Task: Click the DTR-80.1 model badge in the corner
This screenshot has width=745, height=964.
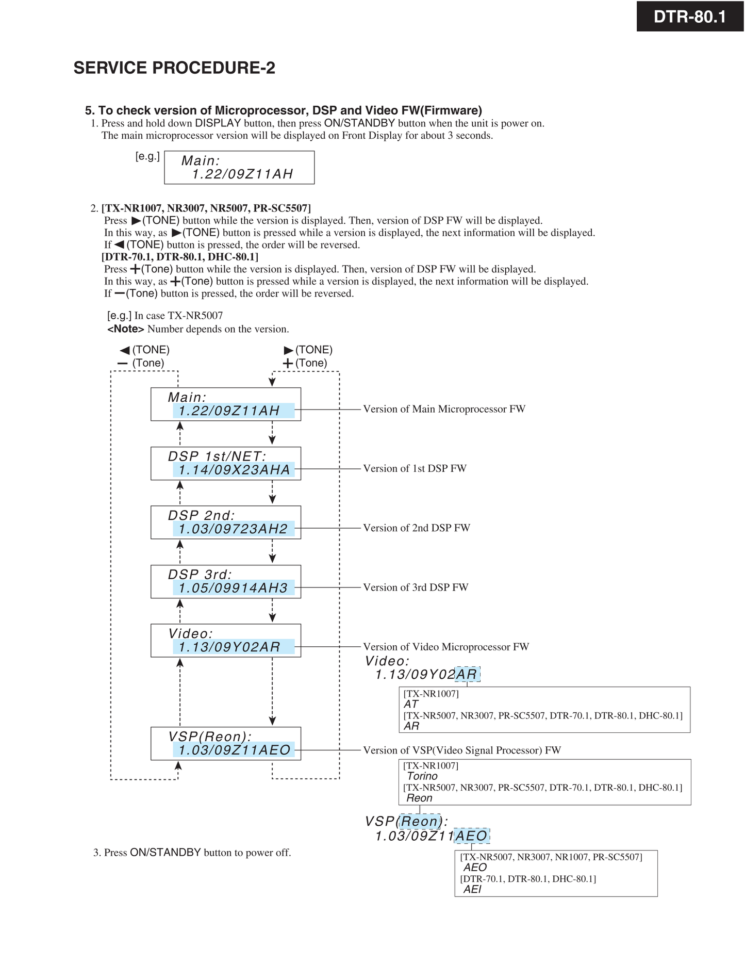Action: (x=689, y=17)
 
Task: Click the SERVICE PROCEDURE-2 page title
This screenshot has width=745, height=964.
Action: (x=174, y=68)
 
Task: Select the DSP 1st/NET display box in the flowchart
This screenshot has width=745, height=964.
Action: (x=226, y=463)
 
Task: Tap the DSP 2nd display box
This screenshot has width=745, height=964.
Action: (x=226, y=522)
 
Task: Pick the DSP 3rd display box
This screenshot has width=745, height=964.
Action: (x=226, y=582)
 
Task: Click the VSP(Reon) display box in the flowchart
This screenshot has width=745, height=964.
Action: (x=226, y=743)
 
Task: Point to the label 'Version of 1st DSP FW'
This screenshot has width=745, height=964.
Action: (x=415, y=468)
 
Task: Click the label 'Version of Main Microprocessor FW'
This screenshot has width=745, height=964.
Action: (x=444, y=409)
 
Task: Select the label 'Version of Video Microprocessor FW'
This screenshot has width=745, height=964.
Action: (x=446, y=647)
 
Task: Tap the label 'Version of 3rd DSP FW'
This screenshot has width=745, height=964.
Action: (x=416, y=587)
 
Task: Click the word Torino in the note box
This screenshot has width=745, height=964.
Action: (x=422, y=776)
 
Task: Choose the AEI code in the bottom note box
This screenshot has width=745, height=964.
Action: (x=472, y=889)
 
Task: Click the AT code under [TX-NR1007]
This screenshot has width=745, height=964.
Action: (x=411, y=704)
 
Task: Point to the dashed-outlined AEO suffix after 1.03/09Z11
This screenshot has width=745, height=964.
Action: (x=472, y=836)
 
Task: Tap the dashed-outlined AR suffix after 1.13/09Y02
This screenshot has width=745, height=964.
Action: (x=467, y=674)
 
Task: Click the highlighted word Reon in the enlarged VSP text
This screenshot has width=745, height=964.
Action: (x=420, y=821)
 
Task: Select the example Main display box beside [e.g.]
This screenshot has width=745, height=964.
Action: (x=239, y=168)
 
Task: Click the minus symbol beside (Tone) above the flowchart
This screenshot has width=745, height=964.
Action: (x=122, y=363)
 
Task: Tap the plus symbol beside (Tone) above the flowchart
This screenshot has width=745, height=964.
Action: (x=288, y=363)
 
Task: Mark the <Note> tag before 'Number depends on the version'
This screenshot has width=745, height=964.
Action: (x=125, y=329)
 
